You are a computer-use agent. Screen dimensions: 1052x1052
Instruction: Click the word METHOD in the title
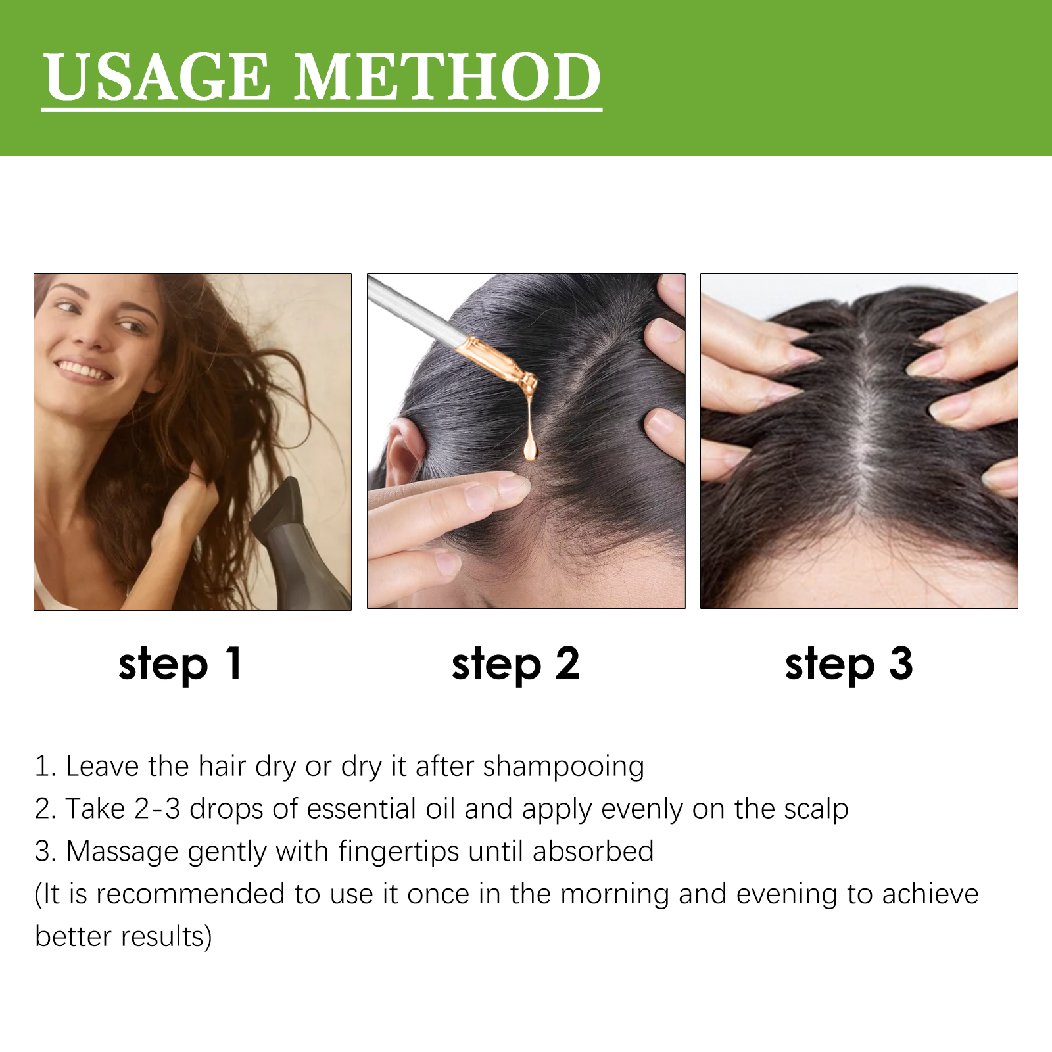(447, 77)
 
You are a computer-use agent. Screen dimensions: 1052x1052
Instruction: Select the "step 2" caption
(515, 664)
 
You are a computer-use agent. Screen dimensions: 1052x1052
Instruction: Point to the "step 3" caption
(849, 664)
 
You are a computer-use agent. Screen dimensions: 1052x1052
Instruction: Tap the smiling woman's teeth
(84, 370)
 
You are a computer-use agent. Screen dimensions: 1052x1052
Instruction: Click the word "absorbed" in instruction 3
(593, 851)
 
